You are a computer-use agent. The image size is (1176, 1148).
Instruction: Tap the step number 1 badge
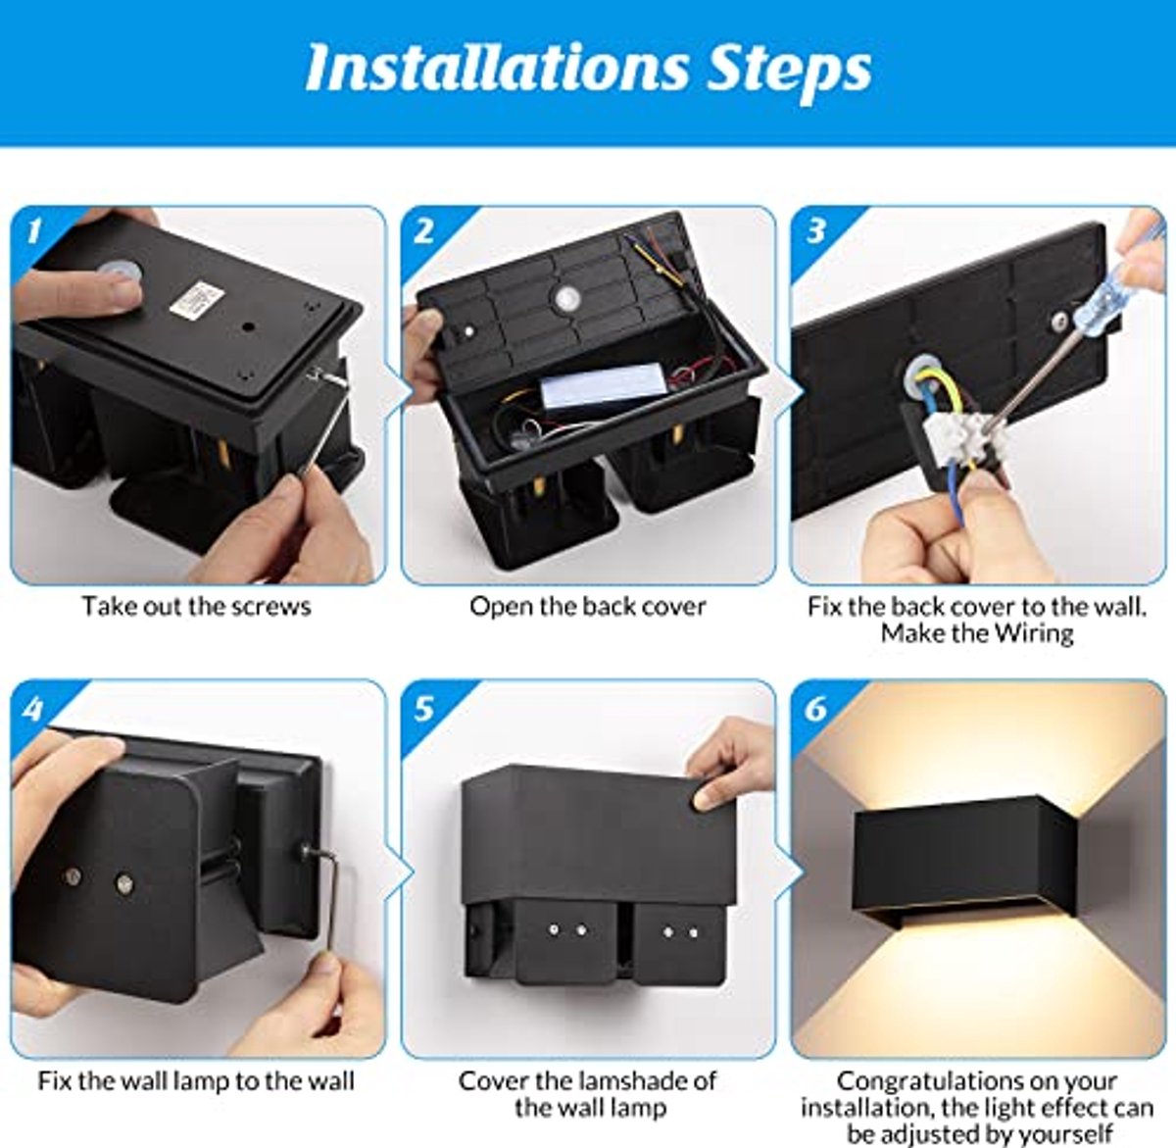point(34,230)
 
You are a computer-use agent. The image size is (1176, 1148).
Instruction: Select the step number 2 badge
point(423,230)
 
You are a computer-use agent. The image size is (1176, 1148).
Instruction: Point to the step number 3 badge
point(815,230)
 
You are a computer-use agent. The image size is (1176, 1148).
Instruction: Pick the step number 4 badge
point(33,707)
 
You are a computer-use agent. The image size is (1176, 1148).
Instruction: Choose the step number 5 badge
point(423,707)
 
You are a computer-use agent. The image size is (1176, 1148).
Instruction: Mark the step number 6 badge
point(815,707)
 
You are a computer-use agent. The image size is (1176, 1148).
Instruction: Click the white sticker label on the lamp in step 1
point(197,299)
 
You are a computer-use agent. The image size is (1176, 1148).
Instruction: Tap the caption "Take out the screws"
point(196,606)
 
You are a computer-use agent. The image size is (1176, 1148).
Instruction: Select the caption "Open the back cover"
point(587,606)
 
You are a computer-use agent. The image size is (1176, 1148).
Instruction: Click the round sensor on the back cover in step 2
point(566,297)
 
